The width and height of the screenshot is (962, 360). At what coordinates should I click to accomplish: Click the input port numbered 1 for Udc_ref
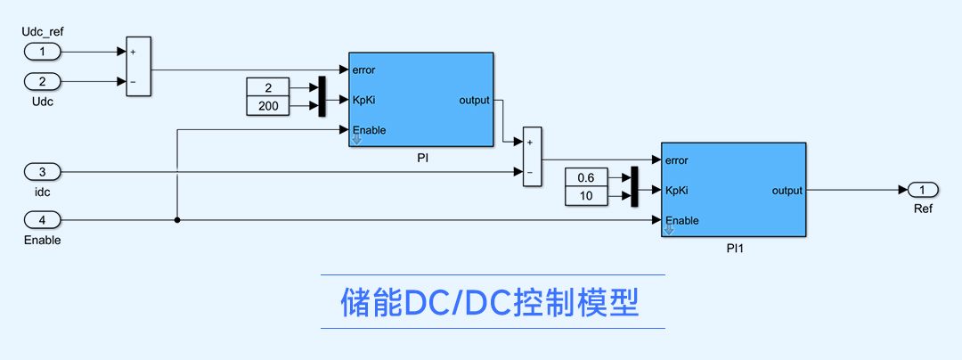coord(43,52)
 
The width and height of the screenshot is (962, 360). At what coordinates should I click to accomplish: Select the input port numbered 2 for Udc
coord(43,81)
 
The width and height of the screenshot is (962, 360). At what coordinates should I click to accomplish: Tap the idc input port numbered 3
coord(43,171)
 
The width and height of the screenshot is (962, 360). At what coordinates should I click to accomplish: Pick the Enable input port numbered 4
coord(43,220)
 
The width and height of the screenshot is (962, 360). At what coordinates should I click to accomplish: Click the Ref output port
coord(924,190)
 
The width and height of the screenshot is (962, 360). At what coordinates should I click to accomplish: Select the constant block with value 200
coord(269,106)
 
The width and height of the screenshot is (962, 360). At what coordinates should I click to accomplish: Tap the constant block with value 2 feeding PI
coord(269,87)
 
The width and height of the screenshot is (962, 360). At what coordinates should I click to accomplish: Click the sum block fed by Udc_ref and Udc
coord(138,66)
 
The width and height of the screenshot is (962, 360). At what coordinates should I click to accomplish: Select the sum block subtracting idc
coord(532,157)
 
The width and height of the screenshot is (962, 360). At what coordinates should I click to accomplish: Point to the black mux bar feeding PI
coord(322,97)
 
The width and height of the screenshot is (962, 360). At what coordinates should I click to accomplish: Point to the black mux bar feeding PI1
coord(634,187)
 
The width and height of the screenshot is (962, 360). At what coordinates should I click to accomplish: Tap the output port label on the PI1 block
coord(787,190)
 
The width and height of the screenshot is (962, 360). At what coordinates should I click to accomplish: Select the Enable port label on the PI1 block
coord(682,220)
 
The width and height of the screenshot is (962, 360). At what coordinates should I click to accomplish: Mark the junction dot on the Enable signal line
coord(178,220)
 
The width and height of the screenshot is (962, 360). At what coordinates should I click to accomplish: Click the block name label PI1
coord(734,249)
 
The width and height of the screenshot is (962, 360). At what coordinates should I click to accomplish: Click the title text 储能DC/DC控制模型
coord(491,302)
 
